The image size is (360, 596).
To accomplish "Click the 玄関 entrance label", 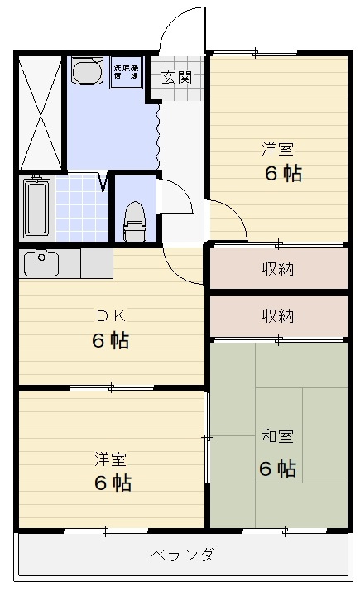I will (176, 79).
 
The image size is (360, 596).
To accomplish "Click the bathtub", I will (38, 208).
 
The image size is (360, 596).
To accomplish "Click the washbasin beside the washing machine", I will (85, 72).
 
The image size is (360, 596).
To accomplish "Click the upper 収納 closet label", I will (278, 268).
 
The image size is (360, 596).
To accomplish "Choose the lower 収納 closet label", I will (278, 315).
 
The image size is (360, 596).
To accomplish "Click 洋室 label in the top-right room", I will (278, 149).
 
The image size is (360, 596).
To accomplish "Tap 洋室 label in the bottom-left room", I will (110, 457).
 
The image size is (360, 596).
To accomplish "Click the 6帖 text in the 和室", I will (278, 468).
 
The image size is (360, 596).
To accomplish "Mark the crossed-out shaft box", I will (40, 111).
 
